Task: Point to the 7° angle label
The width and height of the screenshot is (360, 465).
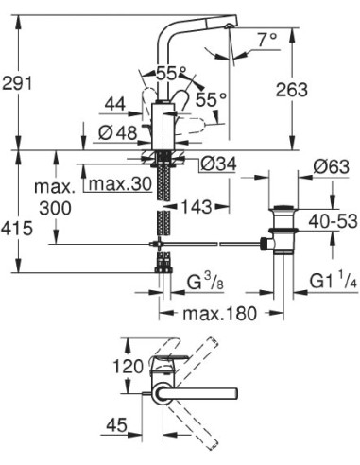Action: (x=268, y=40)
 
